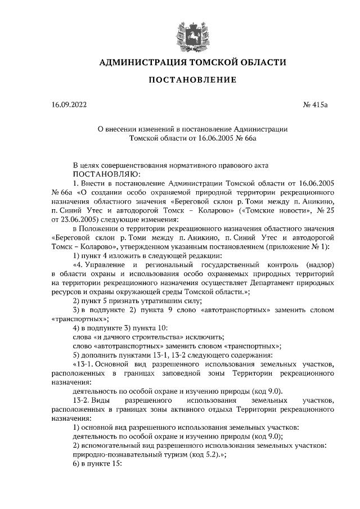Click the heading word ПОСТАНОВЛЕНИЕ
pos(192,80)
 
